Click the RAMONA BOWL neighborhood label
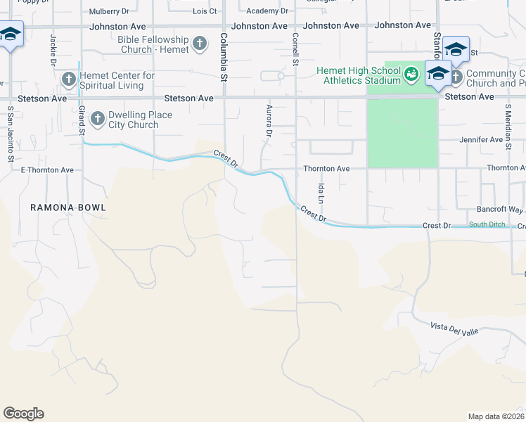tap(68, 207)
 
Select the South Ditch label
tap(487, 225)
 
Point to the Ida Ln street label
tap(321, 193)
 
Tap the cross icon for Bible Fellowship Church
tap(200, 44)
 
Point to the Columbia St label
tap(223, 47)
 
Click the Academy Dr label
tap(267, 11)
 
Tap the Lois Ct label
tap(205, 11)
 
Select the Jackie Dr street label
tap(53, 51)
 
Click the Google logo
tap(23, 414)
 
